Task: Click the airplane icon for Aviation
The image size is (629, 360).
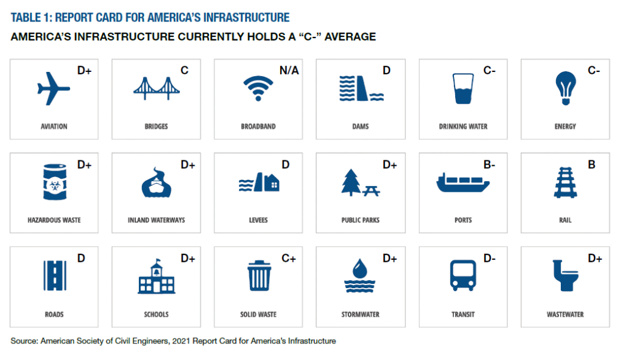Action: point(53,88)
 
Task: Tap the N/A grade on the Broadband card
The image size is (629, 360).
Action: point(289,71)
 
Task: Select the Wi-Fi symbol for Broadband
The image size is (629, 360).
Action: point(259,88)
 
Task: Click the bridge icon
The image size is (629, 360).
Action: point(157,88)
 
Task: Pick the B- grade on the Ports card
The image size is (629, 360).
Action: point(489,165)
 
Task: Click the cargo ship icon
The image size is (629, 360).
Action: point(463,182)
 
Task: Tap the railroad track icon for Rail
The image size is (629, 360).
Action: point(565,182)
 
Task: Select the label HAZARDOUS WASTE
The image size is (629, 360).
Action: point(54,220)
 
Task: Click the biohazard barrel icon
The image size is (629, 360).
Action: point(55,182)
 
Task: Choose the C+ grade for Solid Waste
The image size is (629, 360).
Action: point(289,259)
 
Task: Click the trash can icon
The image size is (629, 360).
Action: point(259,276)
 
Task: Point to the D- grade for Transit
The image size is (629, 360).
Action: point(489,259)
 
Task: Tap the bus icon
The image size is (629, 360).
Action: point(463,275)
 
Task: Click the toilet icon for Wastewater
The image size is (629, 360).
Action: point(565,276)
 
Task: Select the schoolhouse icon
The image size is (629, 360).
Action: point(157,276)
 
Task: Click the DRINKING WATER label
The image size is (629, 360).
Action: point(463,127)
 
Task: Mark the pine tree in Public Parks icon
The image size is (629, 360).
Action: point(351,182)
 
